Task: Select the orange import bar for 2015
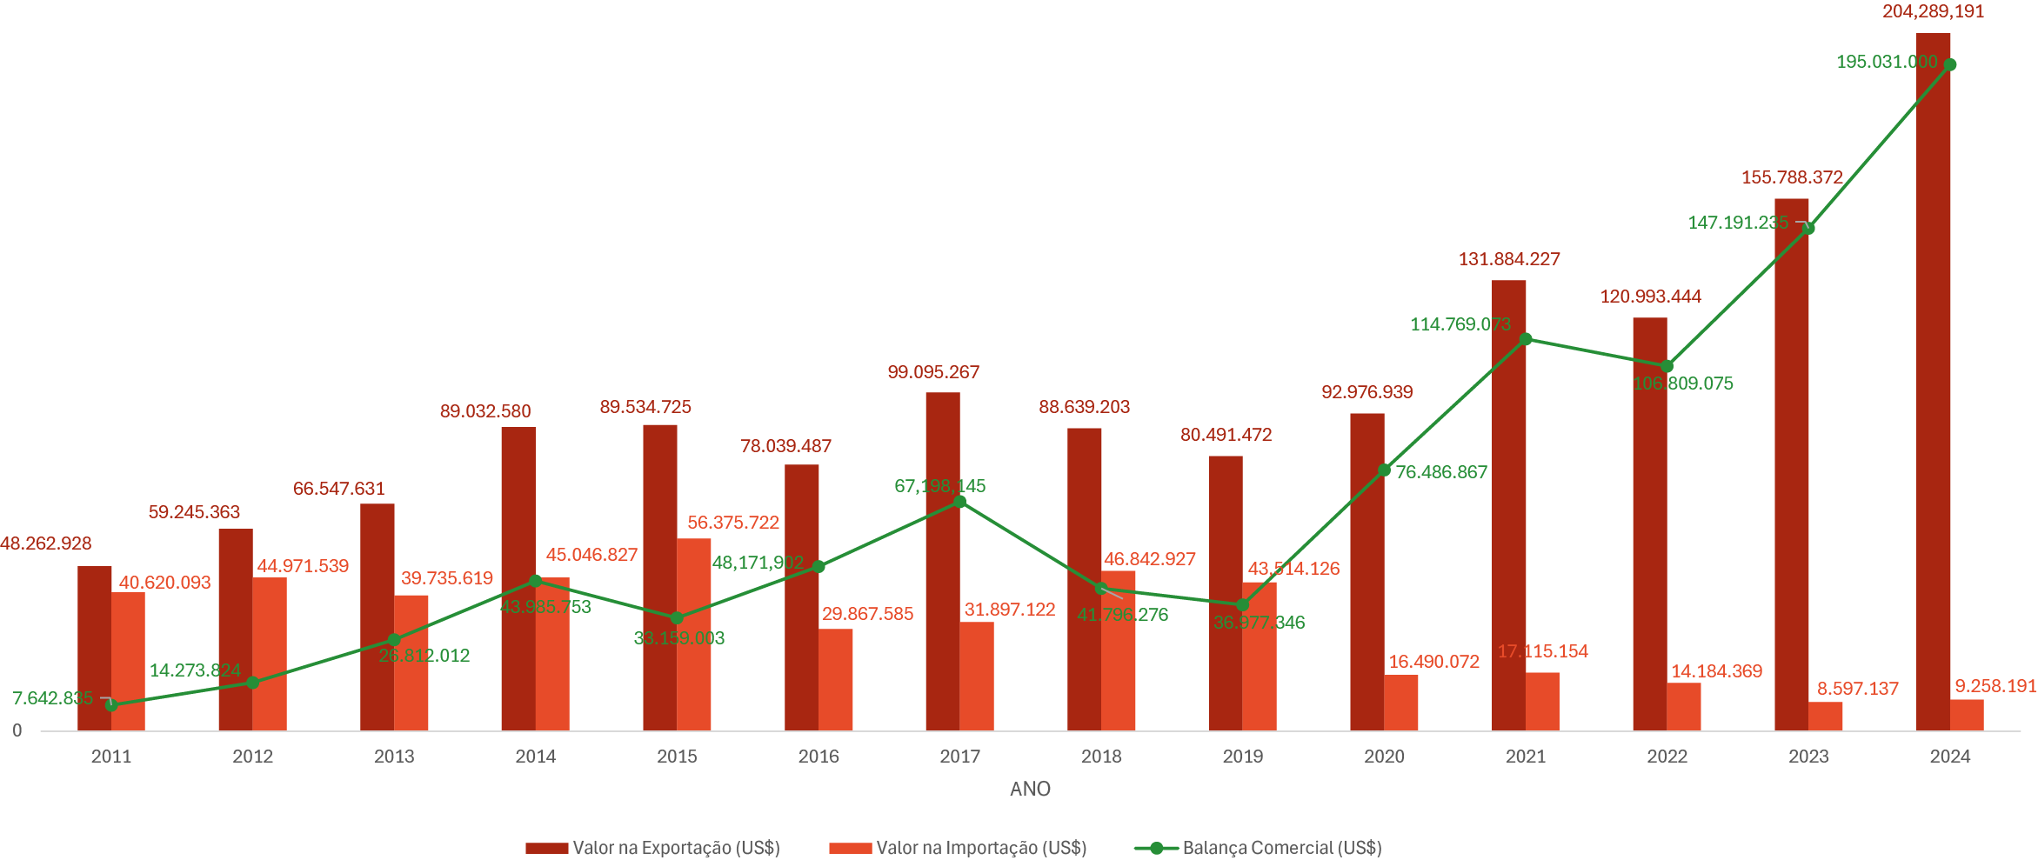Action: click(x=693, y=635)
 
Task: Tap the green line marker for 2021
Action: click(x=1526, y=339)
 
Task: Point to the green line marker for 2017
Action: click(x=960, y=502)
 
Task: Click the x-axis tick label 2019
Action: click(x=1242, y=757)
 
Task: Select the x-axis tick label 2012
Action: click(x=252, y=757)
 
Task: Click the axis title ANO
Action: click(x=1030, y=789)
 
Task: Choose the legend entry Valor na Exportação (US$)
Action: click(x=652, y=848)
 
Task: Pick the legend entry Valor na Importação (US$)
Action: click(x=958, y=848)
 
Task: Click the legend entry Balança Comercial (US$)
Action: click(x=1258, y=848)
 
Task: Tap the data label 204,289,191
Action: click(x=1933, y=12)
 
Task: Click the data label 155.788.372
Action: click(x=1792, y=177)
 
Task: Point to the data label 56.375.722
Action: click(x=733, y=523)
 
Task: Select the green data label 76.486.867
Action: click(x=1441, y=472)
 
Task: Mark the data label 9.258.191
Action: click(x=1995, y=686)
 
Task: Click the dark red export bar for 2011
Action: click(x=94, y=648)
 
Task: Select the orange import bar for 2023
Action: click(x=1825, y=716)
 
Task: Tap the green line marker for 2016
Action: click(x=819, y=567)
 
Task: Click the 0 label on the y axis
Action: click(x=17, y=731)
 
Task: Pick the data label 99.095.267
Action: click(x=933, y=372)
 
